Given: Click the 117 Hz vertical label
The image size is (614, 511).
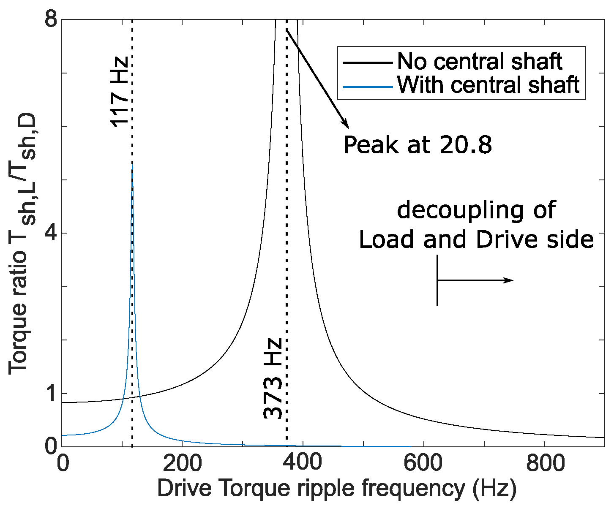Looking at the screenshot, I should coord(119,91).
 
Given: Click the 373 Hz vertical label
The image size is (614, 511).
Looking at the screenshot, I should coord(273,378).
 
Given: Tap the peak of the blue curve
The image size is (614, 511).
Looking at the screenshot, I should coord(132,166).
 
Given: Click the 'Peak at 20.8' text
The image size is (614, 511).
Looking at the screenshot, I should coord(418,145).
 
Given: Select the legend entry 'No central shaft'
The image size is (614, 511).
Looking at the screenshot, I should coord(480,62).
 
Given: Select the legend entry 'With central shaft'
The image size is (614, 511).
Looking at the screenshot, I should coord(488,85).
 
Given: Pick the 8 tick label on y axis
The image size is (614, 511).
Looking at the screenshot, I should coord(51,20).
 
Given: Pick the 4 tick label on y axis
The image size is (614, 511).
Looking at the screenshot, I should coord(51,233).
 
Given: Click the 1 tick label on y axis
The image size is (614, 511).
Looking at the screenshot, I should coord(51,393).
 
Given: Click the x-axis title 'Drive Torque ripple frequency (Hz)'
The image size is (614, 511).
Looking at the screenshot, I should coord(336,489).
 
